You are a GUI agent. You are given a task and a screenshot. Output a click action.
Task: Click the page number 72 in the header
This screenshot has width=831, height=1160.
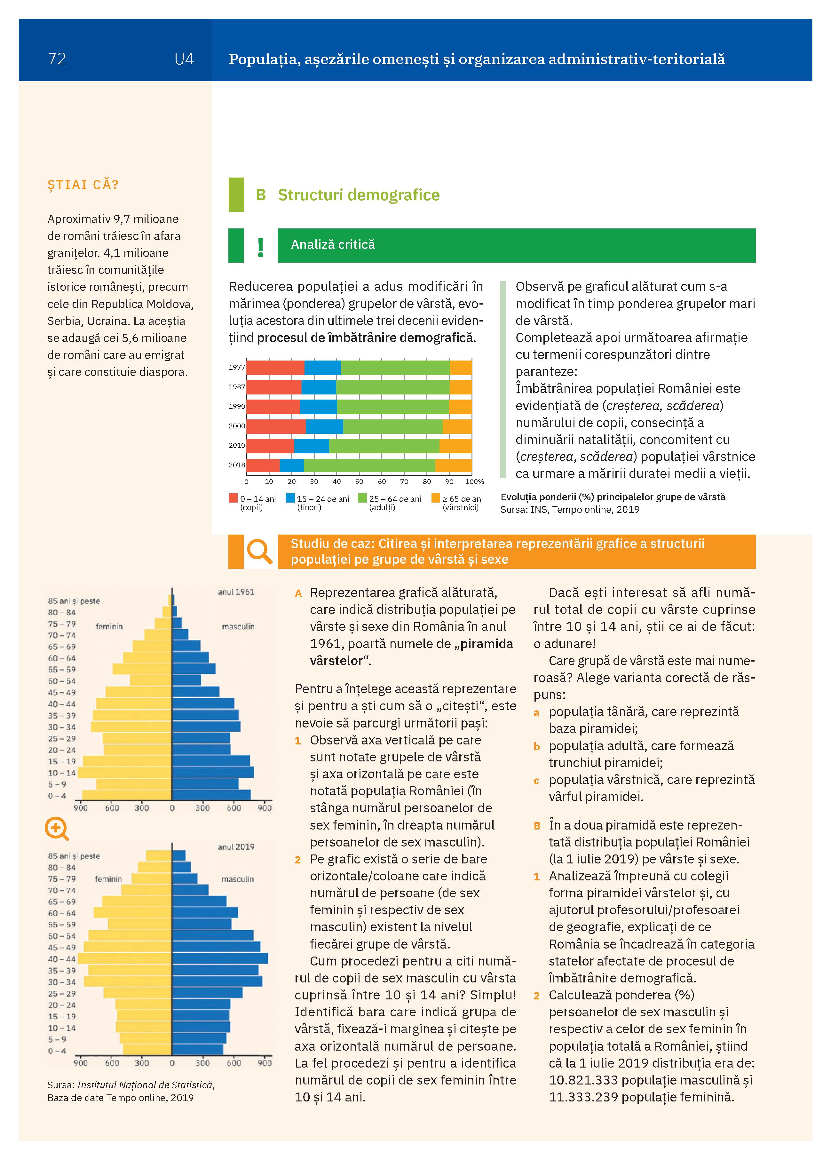click(57, 59)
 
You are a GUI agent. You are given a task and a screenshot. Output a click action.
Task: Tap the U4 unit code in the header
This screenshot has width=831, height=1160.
click(184, 59)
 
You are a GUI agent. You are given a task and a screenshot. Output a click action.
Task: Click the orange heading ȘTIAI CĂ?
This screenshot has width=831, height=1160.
click(83, 185)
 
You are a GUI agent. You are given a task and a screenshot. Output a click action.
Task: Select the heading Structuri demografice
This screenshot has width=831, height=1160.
click(359, 195)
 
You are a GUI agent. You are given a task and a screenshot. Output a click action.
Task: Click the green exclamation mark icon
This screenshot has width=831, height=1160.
click(261, 248)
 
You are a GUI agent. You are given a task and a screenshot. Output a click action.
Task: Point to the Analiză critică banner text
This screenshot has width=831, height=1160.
click(333, 244)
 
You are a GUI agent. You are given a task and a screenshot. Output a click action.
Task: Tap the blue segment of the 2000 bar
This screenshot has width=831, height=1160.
click(324, 426)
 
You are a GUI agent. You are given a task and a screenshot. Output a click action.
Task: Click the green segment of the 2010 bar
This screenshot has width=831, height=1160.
click(384, 446)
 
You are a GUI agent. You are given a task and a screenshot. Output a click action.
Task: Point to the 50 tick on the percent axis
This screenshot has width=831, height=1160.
click(359, 481)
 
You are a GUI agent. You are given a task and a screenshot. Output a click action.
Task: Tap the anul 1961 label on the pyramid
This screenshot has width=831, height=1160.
click(236, 592)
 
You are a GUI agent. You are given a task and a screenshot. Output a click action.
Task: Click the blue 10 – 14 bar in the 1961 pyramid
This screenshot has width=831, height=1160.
click(213, 772)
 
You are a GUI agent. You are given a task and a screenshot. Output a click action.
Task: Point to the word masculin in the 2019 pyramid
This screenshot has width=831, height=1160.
click(237, 879)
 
